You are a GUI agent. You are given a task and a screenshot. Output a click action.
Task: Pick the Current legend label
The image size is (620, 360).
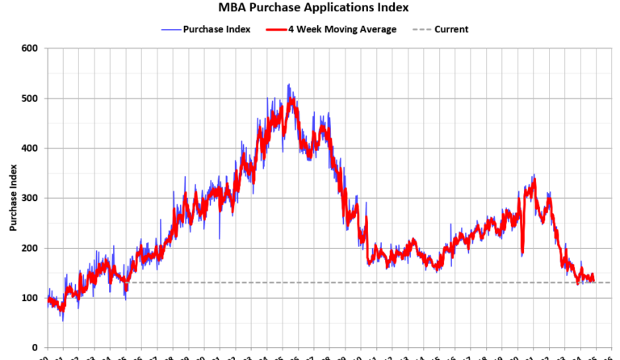coord(451,29)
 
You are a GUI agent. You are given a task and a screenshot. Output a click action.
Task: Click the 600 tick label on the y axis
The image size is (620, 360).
coord(30,48)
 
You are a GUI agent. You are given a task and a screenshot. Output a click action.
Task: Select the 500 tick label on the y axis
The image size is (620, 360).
coord(30,98)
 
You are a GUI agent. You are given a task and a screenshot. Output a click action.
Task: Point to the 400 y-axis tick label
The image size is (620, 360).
coord(30,149)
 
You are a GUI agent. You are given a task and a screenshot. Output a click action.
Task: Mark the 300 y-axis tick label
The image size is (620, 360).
coord(30,199)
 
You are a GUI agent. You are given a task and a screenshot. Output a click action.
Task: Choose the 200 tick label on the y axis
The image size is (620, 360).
coord(30,249)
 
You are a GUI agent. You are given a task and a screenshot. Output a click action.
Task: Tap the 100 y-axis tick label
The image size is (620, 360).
coord(30,299)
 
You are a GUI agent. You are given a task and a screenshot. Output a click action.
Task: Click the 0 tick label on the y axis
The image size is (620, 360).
coord(35,348)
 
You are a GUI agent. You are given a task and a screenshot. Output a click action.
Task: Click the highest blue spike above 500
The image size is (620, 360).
coord(288,84)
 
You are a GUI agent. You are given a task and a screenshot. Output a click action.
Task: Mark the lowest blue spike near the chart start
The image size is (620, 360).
coord(63,320)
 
